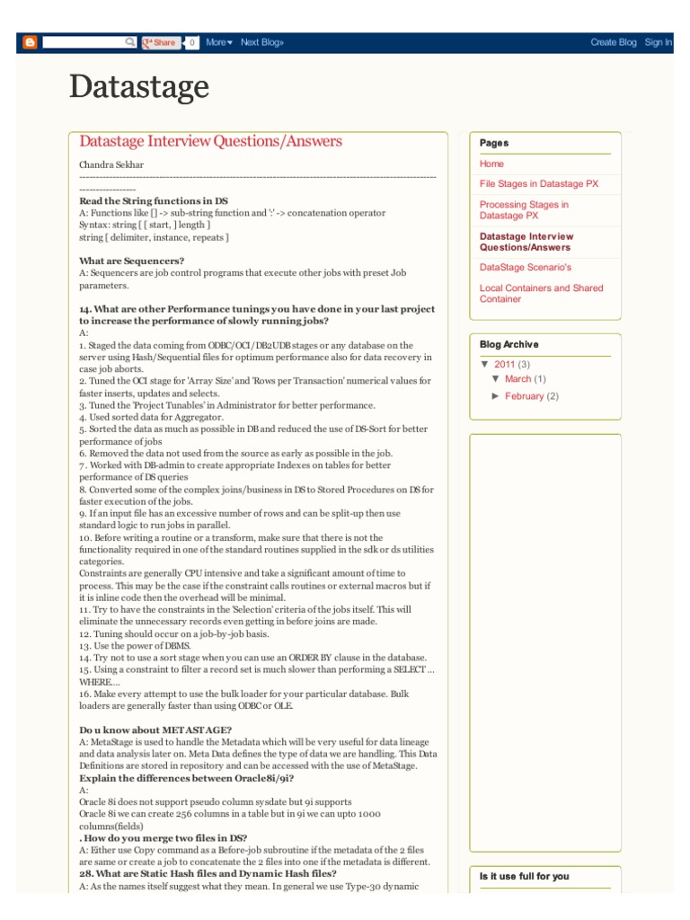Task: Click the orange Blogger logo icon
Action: click(30, 42)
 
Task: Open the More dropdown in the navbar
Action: click(218, 42)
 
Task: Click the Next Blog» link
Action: click(261, 42)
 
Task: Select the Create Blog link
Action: click(613, 42)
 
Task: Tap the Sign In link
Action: click(658, 42)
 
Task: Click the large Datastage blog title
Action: click(139, 88)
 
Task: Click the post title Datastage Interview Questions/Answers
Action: click(210, 142)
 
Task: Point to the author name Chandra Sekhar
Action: click(111, 165)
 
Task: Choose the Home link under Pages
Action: click(491, 164)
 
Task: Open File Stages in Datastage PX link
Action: click(538, 184)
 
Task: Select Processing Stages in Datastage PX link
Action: click(524, 210)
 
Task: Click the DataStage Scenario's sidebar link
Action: click(525, 268)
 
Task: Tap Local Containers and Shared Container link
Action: click(541, 294)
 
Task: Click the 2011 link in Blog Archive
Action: click(504, 365)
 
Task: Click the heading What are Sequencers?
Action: click(131, 261)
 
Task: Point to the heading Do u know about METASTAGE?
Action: click(155, 730)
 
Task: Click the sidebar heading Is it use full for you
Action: click(524, 876)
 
